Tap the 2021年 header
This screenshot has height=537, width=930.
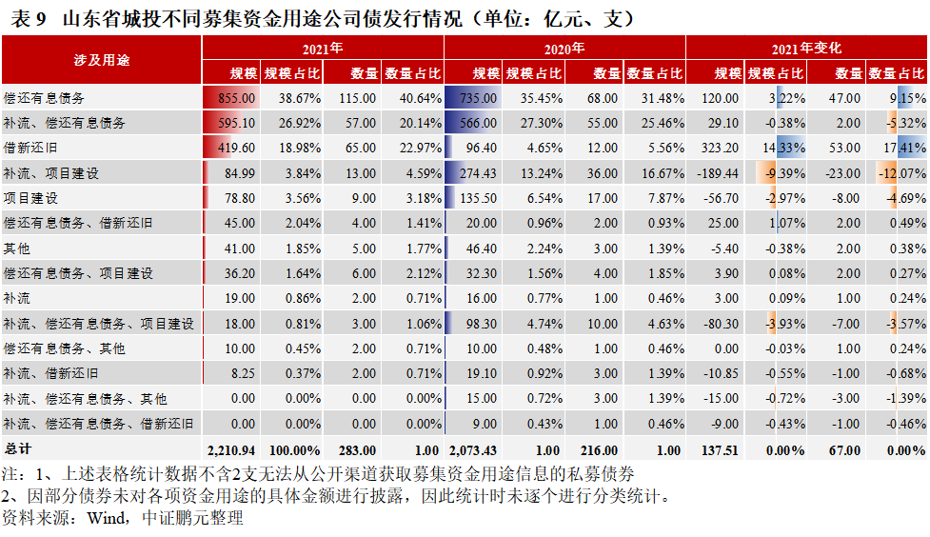323,48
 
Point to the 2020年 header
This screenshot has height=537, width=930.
564,48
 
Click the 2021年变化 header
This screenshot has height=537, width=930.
806,48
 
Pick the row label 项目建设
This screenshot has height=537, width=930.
30,198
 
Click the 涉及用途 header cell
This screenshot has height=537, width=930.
101,59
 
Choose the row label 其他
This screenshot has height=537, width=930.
17,248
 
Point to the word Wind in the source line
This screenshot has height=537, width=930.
105,519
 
